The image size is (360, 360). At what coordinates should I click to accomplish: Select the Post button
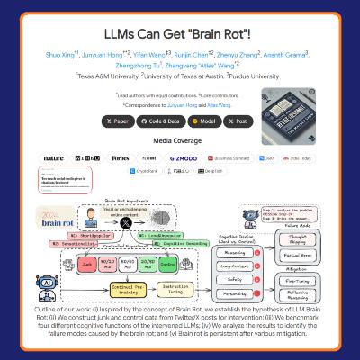(x=239, y=121)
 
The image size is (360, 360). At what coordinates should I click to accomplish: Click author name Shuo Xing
(x=61, y=54)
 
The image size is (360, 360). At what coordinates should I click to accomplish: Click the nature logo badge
(x=54, y=157)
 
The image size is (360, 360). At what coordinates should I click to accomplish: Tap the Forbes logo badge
(x=121, y=157)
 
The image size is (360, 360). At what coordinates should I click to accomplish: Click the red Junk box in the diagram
(x=87, y=265)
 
